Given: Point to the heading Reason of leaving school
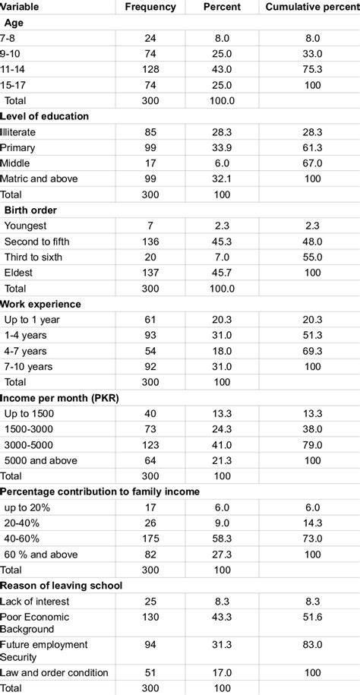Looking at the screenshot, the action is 62,584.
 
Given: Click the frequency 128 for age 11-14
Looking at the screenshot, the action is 150,69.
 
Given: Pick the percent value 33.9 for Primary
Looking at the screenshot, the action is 223,147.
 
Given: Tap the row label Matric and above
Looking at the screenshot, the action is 39,179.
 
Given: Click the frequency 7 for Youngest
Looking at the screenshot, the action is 150,226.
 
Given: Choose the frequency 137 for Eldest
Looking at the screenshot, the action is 150,273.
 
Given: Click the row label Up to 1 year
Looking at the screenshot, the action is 32,320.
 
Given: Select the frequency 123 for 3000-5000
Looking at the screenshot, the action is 150,444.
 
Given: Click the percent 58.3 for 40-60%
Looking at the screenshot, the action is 223,538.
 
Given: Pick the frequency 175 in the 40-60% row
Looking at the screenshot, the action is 150,538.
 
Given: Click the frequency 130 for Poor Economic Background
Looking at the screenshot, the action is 150,616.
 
